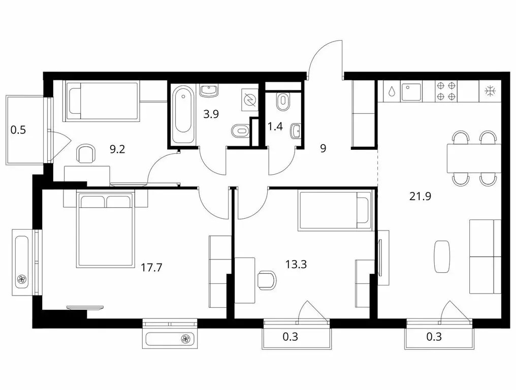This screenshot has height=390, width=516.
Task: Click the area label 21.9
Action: click(x=420, y=197)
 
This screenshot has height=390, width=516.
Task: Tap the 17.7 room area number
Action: click(x=151, y=267)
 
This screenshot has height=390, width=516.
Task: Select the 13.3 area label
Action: click(x=296, y=264)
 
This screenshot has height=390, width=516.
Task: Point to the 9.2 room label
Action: click(x=117, y=150)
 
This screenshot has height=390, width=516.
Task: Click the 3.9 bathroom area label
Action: click(x=211, y=114)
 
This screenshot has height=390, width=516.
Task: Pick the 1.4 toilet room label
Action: click(x=275, y=126)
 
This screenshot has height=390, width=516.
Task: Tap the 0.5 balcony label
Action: click(x=18, y=130)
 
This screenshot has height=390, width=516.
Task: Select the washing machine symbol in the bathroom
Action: click(x=249, y=99)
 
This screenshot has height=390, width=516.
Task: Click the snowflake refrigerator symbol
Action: click(x=490, y=91)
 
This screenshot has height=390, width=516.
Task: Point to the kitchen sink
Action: click(x=411, y=91)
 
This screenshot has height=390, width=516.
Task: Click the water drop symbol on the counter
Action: click(x=392, y=91)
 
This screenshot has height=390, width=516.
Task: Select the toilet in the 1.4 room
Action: click(x=283, y=102)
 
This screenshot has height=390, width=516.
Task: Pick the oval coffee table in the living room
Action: click(x=442, y=257)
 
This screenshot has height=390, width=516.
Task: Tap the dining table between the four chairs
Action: click(x=474, y=158)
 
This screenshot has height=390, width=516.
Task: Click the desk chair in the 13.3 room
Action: click(x=267, y=280)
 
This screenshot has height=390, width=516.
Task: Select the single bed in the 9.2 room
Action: click(x=103, y=101)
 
